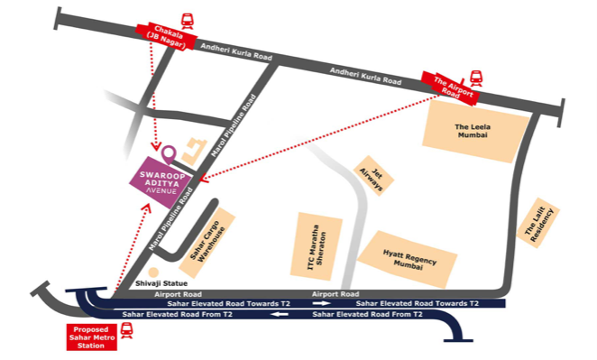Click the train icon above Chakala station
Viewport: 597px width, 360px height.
187,18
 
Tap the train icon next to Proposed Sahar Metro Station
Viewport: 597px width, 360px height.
127,336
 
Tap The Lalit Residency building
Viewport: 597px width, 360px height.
542,222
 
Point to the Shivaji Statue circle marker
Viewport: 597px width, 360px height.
152,272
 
